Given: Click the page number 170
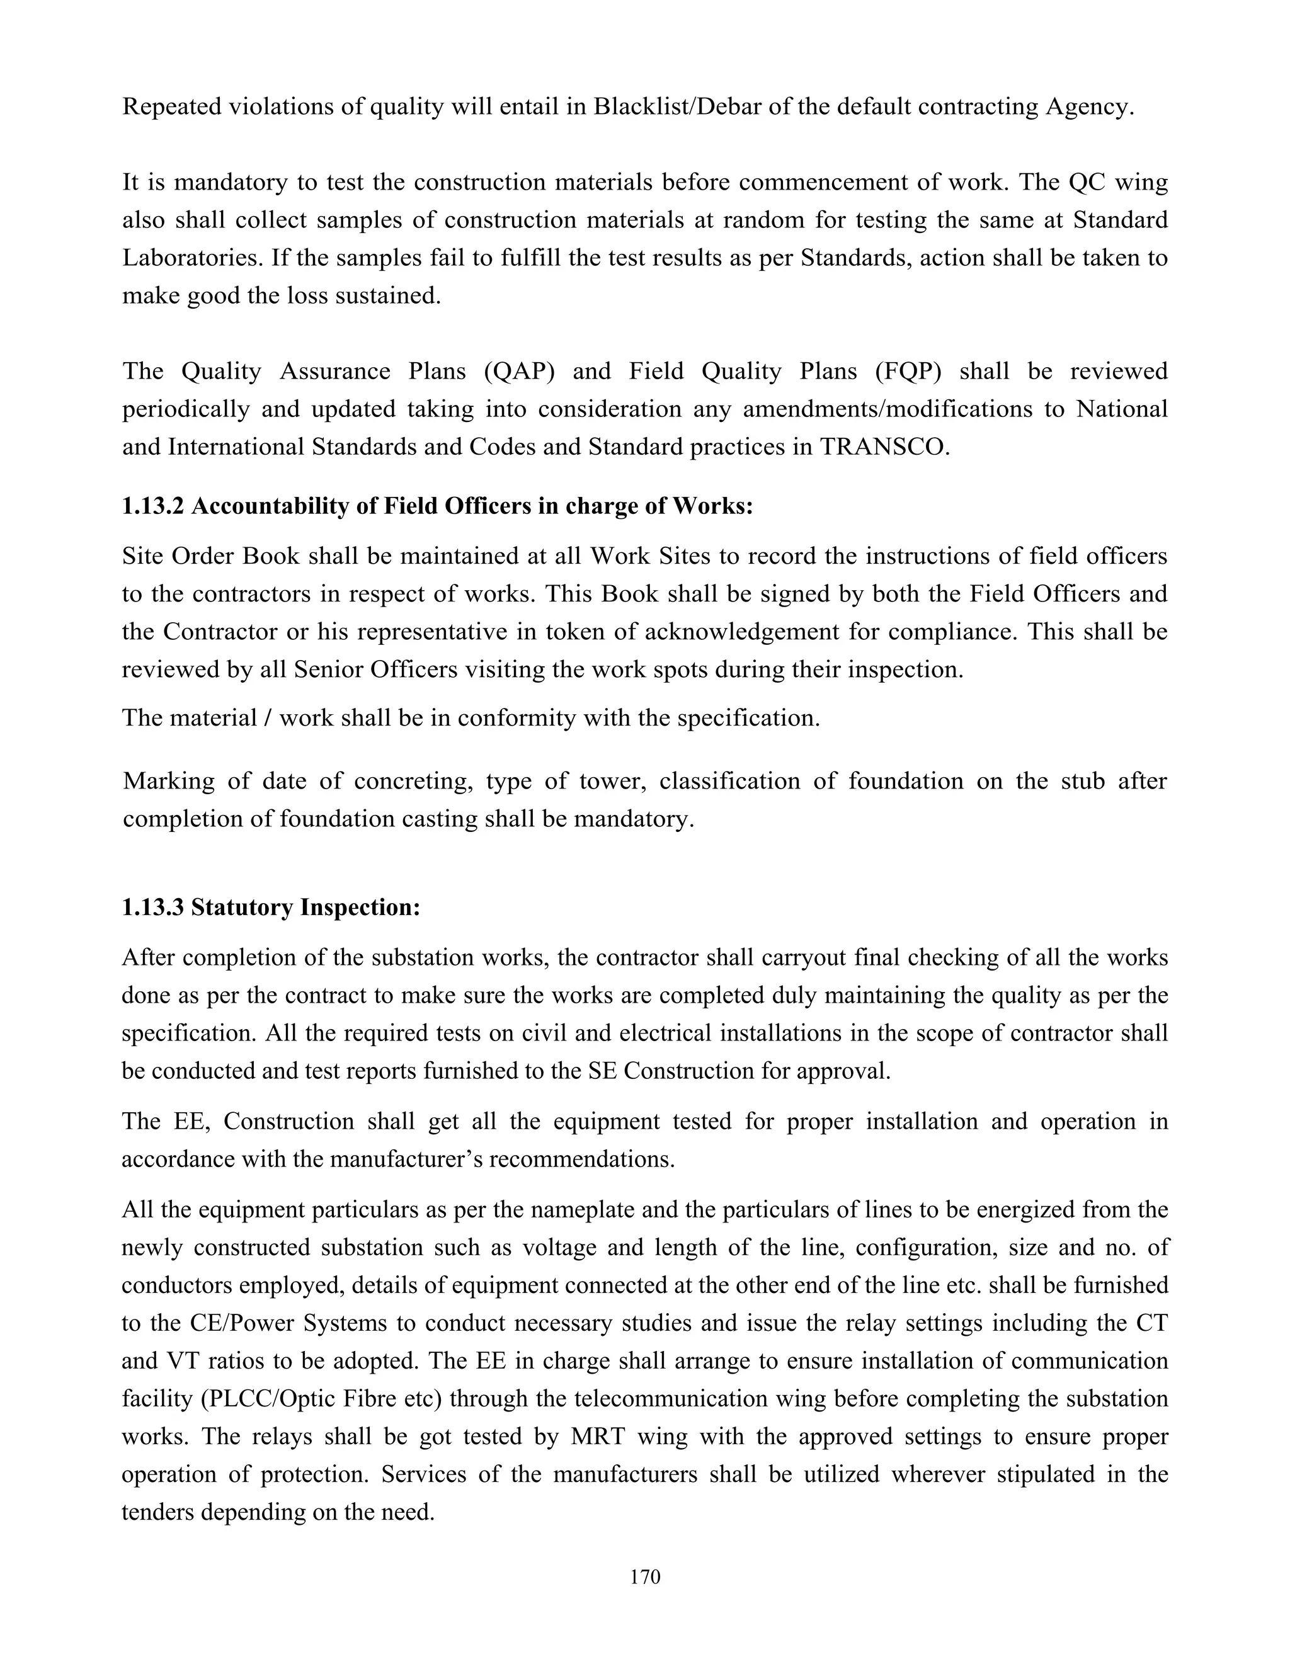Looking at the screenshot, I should tap(645, 1576).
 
